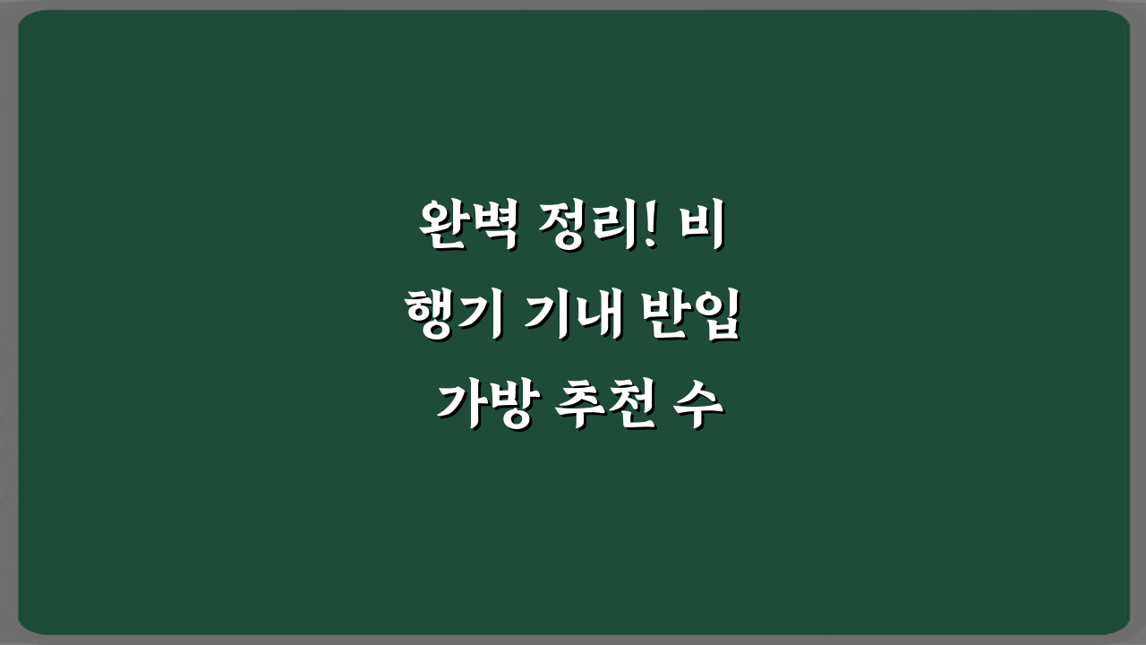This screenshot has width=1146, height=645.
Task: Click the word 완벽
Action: coord(465,227)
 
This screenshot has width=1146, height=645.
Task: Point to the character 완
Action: coord(441,227)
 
